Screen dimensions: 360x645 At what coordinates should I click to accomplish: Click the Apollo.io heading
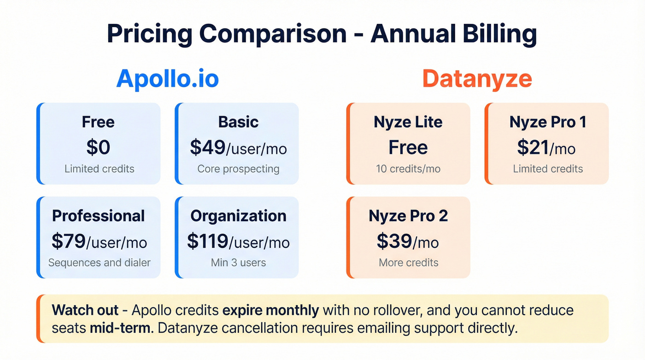[x=167, y=79]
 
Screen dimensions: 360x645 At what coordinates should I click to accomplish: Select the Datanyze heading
[x=477, y=79]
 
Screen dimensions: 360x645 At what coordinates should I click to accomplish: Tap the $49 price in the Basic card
[x=208, y=148]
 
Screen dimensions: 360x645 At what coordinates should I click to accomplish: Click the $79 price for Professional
[x=69, y=242]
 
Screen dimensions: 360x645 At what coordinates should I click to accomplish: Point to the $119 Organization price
[x=207, y=242]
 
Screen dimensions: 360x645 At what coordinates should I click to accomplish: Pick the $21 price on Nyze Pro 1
[x=533, y=148]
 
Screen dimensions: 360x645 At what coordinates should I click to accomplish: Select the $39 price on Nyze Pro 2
[x=394, y=242]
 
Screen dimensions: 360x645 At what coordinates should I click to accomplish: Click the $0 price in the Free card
[x=98, y=148]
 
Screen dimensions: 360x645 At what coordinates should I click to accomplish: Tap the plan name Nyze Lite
[x=408, y=122]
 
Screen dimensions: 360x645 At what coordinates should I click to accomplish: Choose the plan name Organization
[x=238, y=216]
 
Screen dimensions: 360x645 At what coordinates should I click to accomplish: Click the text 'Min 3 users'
[x=238, y=263]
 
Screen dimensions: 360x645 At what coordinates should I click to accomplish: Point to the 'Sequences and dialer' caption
[x=99, y=263]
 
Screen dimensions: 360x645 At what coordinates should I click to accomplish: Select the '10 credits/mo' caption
[x=408, y=169]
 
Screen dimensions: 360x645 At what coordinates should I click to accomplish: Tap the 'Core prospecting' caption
[x=238, y=169]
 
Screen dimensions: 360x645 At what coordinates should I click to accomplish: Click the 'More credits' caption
[x=408, y=263]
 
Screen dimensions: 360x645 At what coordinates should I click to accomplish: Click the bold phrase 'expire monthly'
[x=270, y=310]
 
